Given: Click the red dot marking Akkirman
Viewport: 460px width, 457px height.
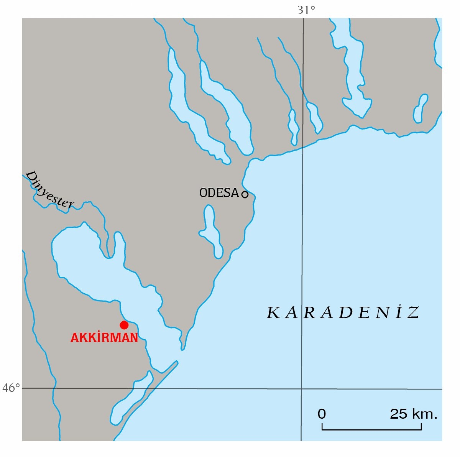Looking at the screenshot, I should coord(124,325).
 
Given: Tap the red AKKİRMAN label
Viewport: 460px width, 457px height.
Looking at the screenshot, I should coord(104,338).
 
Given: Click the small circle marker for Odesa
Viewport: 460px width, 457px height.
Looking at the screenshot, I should coord(245,194).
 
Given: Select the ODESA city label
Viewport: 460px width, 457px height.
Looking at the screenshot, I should coord(219,193).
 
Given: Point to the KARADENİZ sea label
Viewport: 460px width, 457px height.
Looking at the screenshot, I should coord(343,313).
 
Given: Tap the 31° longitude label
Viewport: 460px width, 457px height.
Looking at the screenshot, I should coord(306,10).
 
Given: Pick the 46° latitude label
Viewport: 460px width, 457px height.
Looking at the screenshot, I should coord(11,388).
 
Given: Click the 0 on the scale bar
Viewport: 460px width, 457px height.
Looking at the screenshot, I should coord(322,414).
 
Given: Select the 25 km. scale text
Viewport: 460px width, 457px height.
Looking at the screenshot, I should coord(413,414).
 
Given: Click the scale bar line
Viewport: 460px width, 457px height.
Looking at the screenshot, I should coord(371,429).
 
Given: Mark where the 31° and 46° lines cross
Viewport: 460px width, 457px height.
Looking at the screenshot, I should coord(301,389).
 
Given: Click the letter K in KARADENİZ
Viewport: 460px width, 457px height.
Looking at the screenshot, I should coord(273,313).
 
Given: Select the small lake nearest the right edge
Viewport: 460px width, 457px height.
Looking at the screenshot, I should coord(421,108).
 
